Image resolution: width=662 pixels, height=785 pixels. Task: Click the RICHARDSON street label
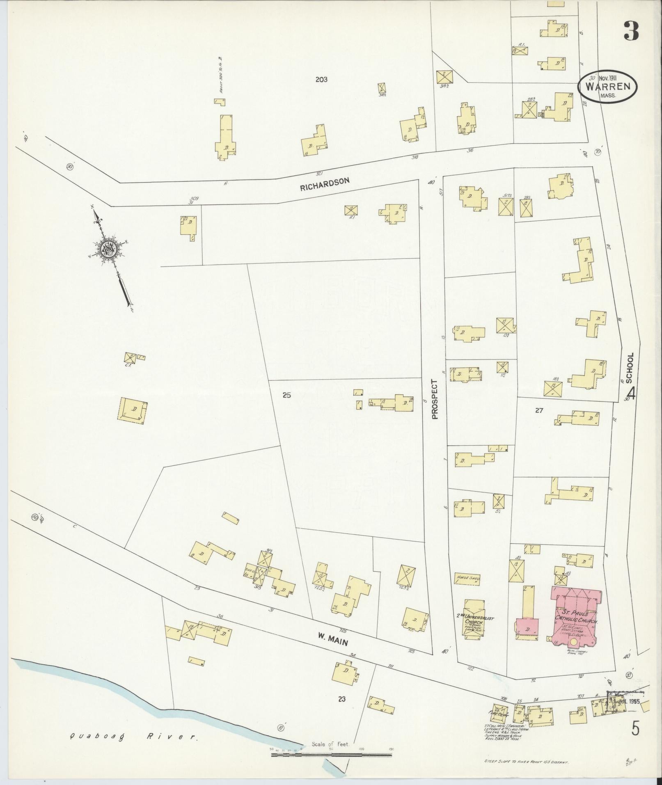(324, 184)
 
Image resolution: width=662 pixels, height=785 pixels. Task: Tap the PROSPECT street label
(435, 399)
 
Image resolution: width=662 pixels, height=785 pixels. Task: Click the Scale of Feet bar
(330, 754)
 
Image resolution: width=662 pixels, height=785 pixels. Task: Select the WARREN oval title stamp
(607, 87)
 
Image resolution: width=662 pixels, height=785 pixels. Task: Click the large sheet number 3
(631, 31)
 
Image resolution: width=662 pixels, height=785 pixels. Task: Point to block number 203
(321, 80)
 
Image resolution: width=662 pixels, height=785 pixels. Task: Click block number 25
(286, 396)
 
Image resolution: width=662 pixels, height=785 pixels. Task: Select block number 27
(539, 410)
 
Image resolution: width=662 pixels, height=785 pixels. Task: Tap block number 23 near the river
(341, 699)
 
